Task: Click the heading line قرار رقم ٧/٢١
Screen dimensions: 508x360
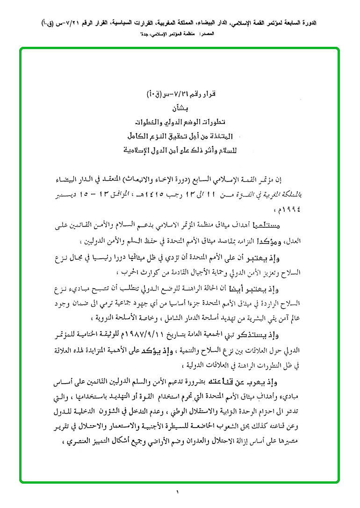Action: (x=180, y=95)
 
